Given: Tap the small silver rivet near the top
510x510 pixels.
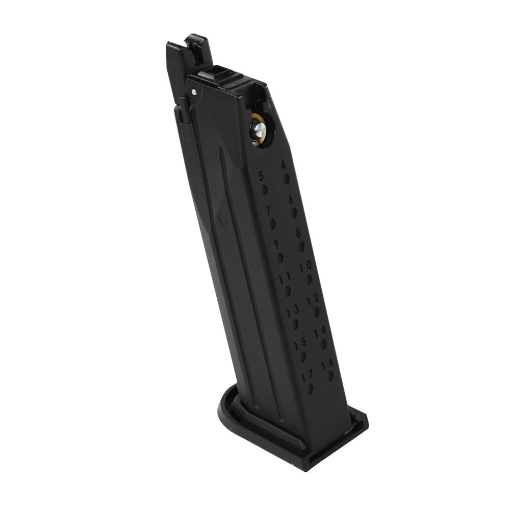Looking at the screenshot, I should (x=195, y=91).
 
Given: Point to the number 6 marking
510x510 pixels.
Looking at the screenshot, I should (x=290, y=200).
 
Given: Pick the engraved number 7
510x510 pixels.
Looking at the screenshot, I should (x=267, y=210).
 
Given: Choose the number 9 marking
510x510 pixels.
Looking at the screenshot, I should (x=276, y=244).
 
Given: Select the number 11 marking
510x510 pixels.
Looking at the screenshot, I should (x=285, y=278).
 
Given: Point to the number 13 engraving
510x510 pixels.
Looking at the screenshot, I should (x=292, y=311).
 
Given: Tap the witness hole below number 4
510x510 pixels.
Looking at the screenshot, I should (x=287, y=178).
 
